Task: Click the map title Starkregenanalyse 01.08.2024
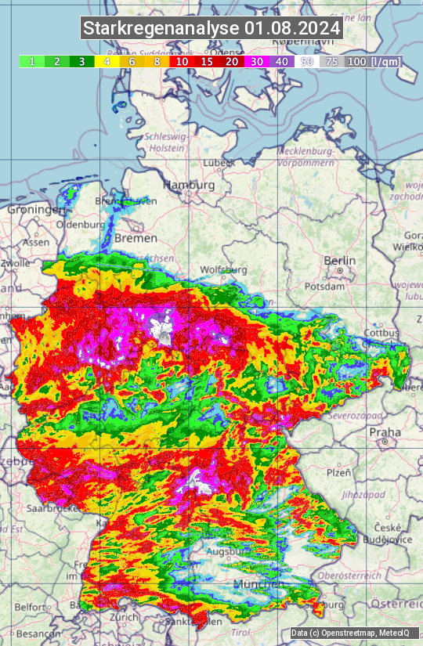211,29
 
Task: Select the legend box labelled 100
356,61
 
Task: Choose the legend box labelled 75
331,61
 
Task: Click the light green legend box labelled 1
31,61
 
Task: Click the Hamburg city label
188,186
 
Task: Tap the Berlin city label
339,261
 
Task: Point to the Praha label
385,431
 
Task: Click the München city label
258,585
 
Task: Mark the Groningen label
36,210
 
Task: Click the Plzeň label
338,473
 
